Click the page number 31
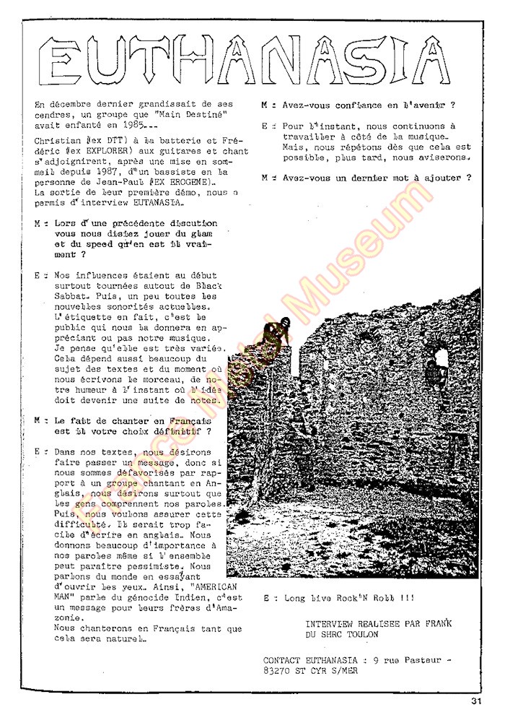475,699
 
